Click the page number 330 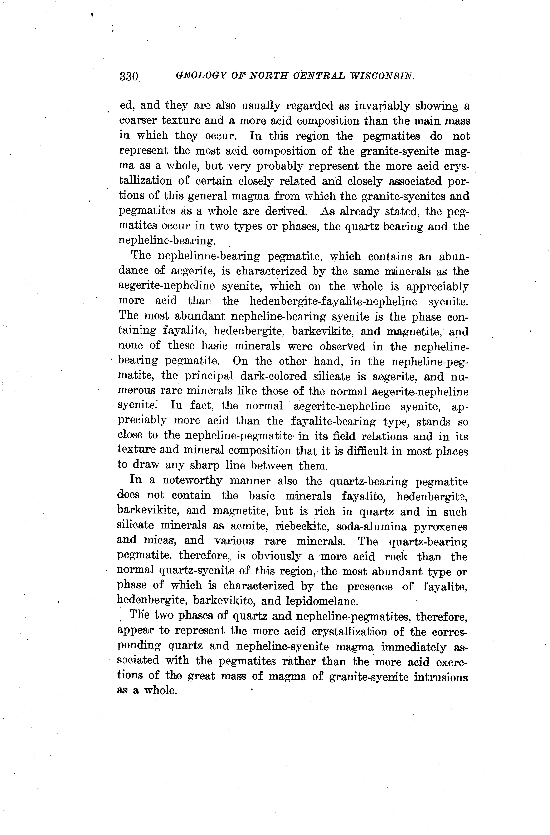(x=129, y=76)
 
